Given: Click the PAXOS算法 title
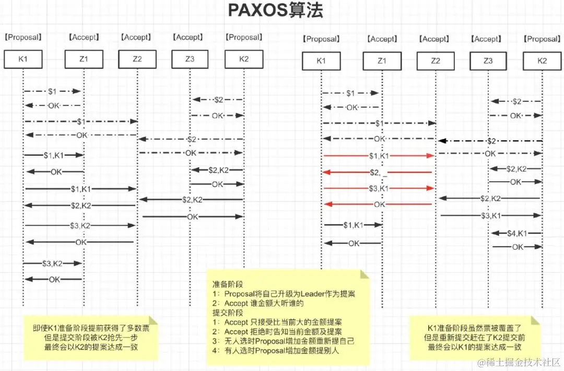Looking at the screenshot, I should pos(276,11).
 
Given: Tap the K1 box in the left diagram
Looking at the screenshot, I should pos(23,59).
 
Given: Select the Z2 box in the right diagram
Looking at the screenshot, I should pos(436,61).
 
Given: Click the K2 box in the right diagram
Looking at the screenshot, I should pos(542,61).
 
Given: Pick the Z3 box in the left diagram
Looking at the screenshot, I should pos(190,59).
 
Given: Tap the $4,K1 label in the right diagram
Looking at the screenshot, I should pos(516,233).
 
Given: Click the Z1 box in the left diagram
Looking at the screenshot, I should pos(84,59).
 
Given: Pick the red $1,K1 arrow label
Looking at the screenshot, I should pos(379,156).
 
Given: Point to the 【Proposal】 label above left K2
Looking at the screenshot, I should pos(244,37).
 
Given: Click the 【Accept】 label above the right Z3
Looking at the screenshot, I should pos(487,39).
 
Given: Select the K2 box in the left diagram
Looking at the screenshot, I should pos(244,59).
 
